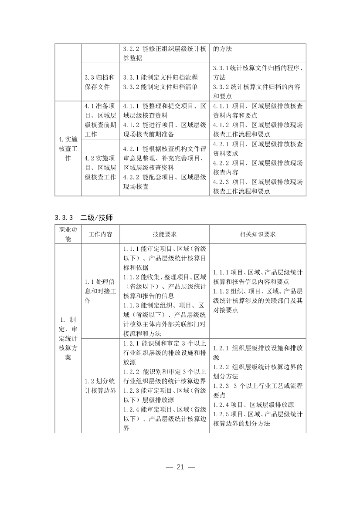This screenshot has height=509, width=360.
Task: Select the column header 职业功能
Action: pos(68,234)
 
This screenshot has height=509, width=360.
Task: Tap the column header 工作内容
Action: pos(100,234)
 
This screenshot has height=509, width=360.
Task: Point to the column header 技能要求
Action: pos(164,234)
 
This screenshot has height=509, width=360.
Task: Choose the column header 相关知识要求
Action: pos(258,234)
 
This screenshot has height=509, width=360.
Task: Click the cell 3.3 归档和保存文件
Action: pos(100,82)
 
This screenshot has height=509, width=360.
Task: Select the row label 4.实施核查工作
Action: pos(68,149)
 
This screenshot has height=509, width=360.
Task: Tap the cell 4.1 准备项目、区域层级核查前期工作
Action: pos(100,120)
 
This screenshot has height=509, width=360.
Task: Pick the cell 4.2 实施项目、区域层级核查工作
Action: pos(100,167)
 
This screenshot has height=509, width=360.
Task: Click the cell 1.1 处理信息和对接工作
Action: pos(100,291)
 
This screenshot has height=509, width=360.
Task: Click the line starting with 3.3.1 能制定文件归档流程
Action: pos(160,77)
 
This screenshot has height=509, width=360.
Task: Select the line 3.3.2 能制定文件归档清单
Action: pos(160,87)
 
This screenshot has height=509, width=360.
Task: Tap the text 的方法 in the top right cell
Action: pos(223,49)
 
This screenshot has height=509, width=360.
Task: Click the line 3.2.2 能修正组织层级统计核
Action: pos(164,49)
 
